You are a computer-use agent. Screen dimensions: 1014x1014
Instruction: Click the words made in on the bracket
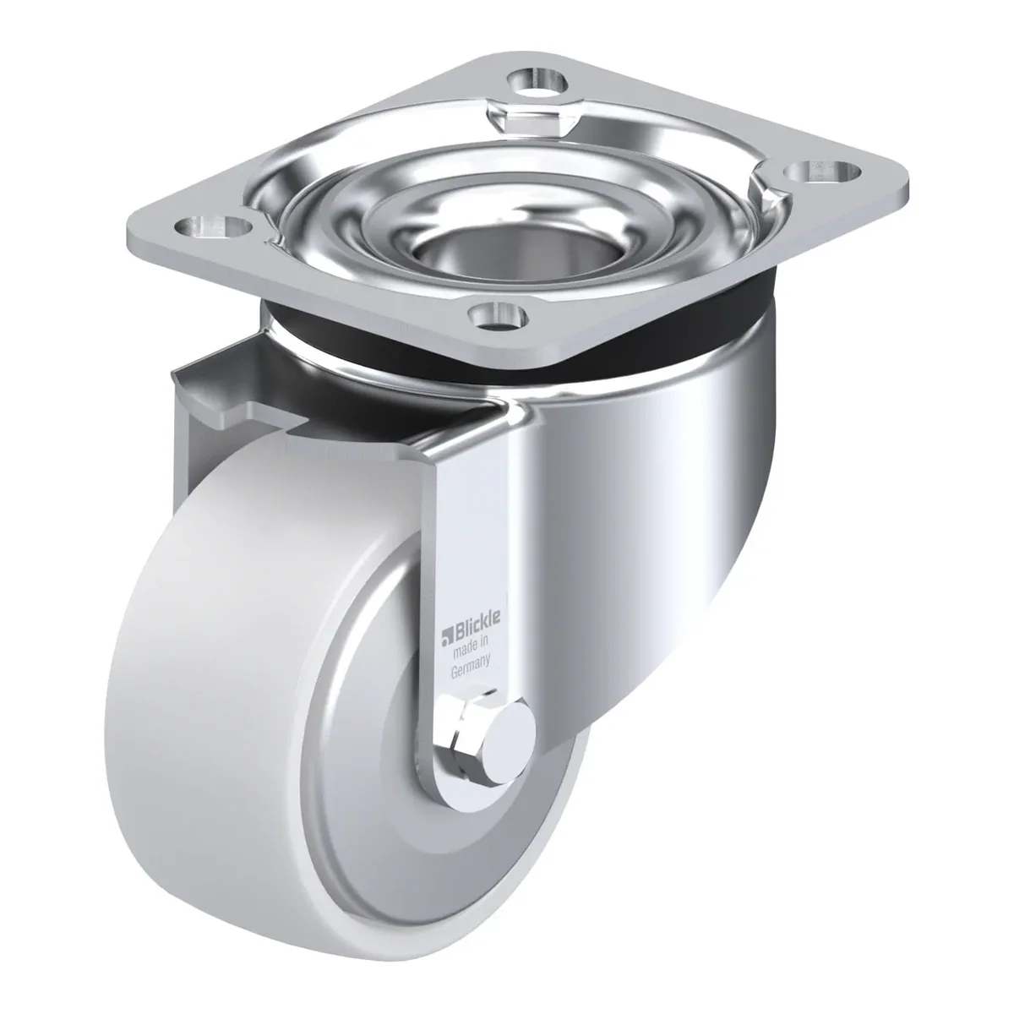coord(472,647)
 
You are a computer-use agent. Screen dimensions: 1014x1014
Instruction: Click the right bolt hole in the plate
coord(823,172)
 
